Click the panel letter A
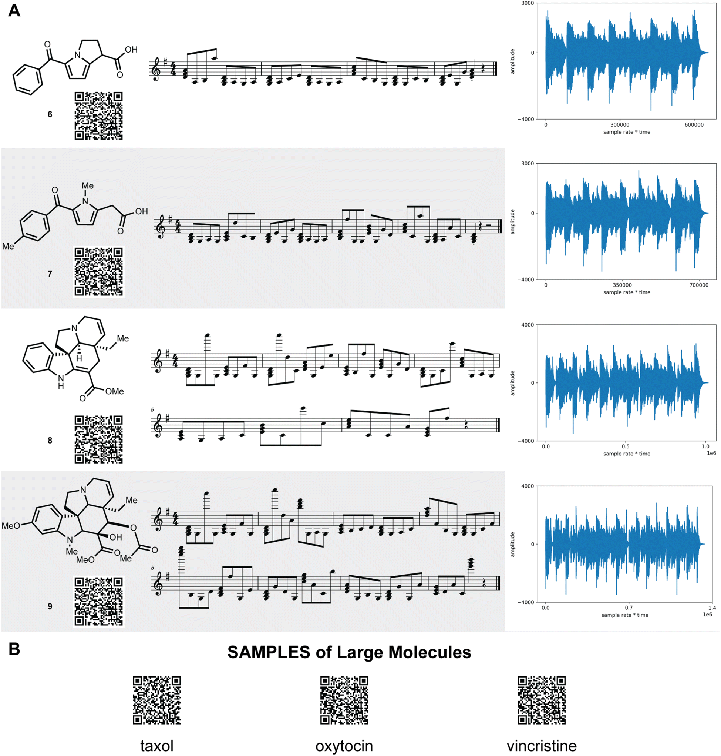pyautogui.click(x=14, y=11)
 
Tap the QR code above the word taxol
pyautogui.click(x=157, y=700)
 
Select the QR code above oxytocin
pyautogui.click(x=344, y=700)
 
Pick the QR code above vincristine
pyautogui.click(x=542, y=700)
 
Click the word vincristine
pyautogui.click(x=542, y=746)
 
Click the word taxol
pyautogui.click(x=157, y=746)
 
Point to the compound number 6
pyautogui.click(x=50, y=114)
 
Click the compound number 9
pyautogui.click(x=50, y=606)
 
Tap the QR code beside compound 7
pyautogui.click(x=99, y=272)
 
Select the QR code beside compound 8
pyautogui.click(x=99, y=439)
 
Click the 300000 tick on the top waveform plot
pyautogui.click(x=620, y=125)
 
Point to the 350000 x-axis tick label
pyautogui.click(x=622, y=285)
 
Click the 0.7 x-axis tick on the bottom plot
pyautogui.click(x=629, y=608)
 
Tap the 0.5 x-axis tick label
pyautogui.click(x=626, y=446)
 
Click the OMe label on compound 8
pyautogui.click(x=115, y=391)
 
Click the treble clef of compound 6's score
pyautogui.click(x=156, y=69)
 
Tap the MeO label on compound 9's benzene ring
pyautogui.click(x=11, y=526)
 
